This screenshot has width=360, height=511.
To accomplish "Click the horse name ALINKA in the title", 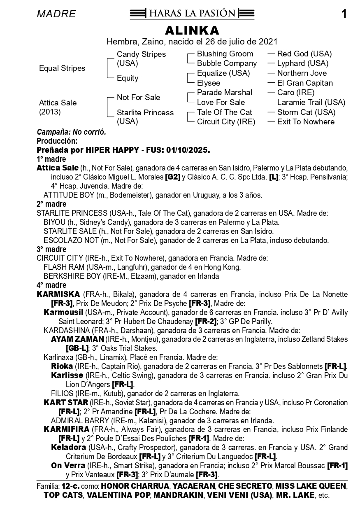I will pyautogui.click(x=192, y=30).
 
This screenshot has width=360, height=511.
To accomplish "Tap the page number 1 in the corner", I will pyautogui.click(x=344, y=14).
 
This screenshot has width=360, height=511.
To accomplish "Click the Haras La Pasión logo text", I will pyautogui.click(x=192, y=14).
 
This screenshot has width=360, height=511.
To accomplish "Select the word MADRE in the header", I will pyautogui.click(x=56, y=14).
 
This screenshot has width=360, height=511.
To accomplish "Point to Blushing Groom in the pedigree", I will pyautogui.click(x=225, y=54).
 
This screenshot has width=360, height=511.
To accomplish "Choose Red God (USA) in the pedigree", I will pyautogui.click(x=304, y=54).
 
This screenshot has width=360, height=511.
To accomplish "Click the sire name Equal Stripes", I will pyautogui.click(x=62, y=68).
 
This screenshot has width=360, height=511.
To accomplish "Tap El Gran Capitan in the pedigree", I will pyautogui.click(x=305, y=83).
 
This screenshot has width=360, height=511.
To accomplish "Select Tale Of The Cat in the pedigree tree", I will pyautogui.click(x=224, y=112).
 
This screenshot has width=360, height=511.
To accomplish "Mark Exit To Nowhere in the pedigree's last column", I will pyautogui.click(x=306, y=121).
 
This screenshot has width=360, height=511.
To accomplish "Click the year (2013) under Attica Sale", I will pyautogui.click(x=50, y=112).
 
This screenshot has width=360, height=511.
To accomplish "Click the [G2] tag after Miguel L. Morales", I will pyautogui.click(x=172, y=177).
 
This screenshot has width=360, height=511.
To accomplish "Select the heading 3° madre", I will pyautogui.click(x=51, y=249).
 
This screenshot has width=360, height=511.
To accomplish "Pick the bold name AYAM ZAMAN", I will pyautogui.click(x=77, y=339).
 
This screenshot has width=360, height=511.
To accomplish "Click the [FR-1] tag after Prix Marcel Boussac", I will pyautogui.click(x=337, y=466).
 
